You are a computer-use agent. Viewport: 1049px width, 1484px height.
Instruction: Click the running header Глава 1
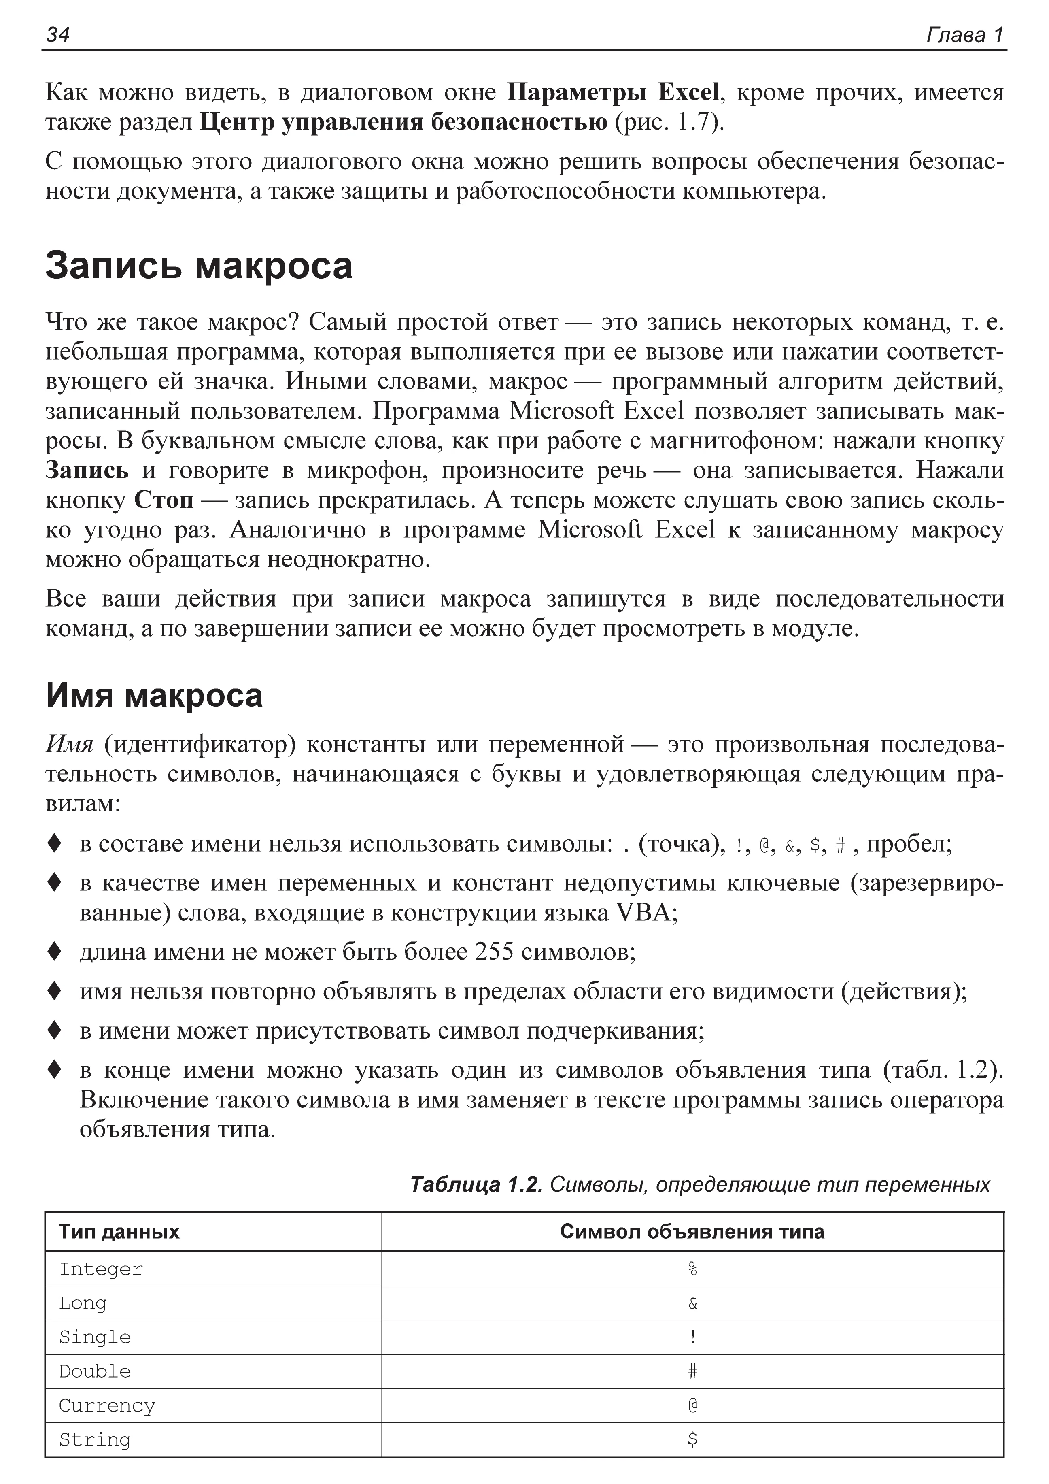[965, 35]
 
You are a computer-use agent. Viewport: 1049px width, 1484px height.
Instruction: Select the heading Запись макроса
[199, 266]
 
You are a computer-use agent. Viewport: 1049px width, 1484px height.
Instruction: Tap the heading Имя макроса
[154, 696]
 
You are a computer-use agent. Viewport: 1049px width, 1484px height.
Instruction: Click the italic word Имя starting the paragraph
[70, 745]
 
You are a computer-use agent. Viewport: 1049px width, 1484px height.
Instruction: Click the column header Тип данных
[119, 1232]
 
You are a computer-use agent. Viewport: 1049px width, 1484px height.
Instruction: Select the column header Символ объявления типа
[692, 1232]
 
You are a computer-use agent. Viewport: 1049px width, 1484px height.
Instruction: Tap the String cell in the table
[95, 1440]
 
